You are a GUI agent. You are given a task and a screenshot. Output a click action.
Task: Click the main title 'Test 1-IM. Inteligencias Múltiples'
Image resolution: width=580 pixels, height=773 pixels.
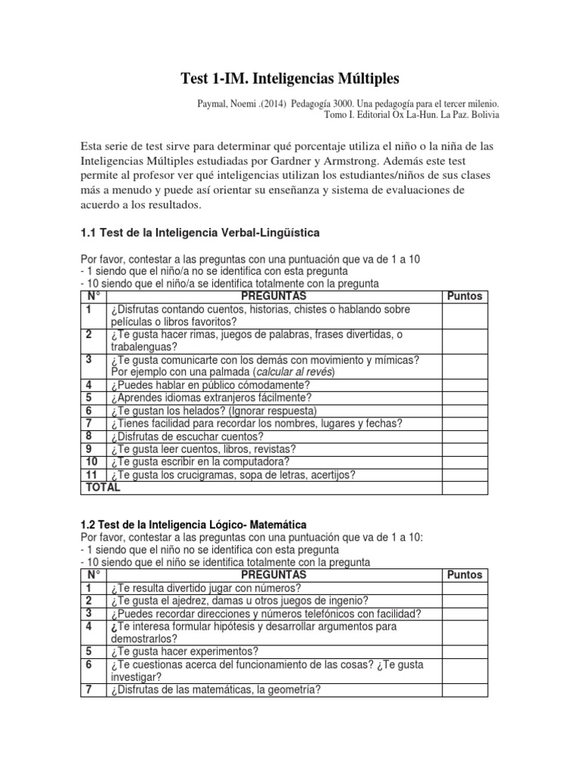click(290, 79)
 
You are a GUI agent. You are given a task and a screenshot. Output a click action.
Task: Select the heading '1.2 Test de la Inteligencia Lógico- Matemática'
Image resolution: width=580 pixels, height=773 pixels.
click(193, 524)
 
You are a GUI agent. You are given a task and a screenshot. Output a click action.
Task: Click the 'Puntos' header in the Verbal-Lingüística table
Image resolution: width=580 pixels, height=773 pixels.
click(464, 296)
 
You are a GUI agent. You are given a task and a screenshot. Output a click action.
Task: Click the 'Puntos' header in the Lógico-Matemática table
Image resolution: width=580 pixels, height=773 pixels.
click(464, 574)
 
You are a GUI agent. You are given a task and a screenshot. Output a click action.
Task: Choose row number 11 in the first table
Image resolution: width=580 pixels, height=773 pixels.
click(92, 475)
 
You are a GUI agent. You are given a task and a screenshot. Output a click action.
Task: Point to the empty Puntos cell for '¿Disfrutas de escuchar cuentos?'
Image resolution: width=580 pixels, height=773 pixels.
click(464, 436)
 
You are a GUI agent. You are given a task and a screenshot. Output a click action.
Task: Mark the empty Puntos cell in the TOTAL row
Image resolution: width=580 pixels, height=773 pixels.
click(464, 488)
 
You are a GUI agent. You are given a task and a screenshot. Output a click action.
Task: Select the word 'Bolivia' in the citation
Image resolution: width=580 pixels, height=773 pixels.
click(484, 115)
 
